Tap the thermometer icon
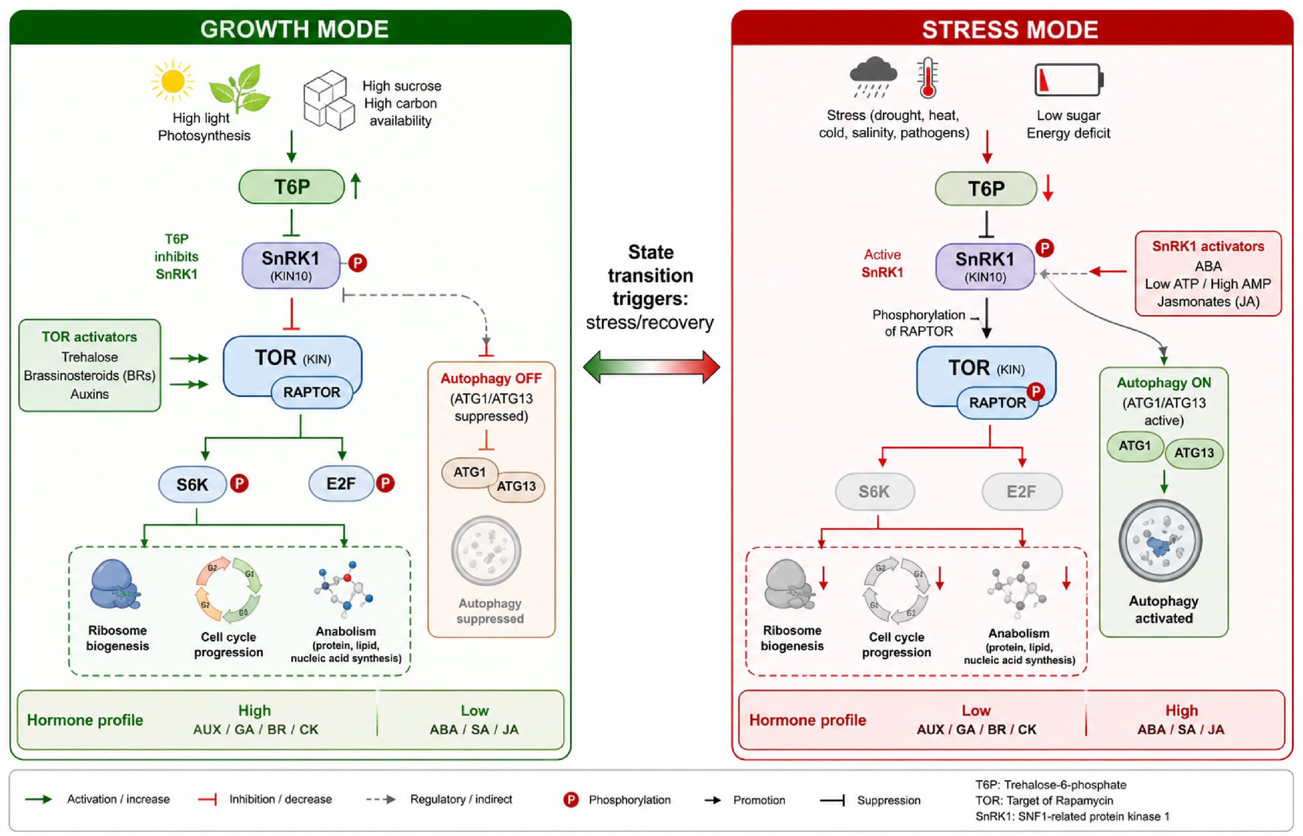(928, 78)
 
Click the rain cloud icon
(873, 76)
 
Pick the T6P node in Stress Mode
(986, 189)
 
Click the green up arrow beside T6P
(356, 186)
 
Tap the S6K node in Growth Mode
(192, 484)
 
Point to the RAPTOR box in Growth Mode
(311, 392)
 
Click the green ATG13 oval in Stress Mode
(1194, 453)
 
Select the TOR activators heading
(90, 337)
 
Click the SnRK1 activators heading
(1208, 246)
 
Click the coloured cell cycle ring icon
(228, 590)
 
